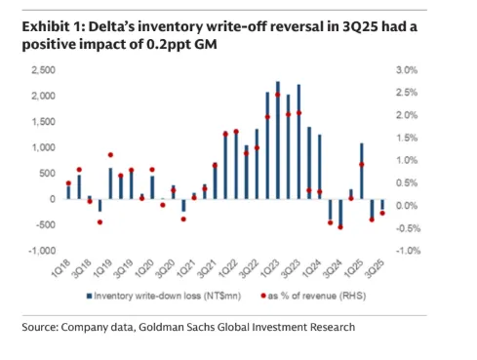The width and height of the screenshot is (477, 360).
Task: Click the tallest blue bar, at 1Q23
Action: [278, 140]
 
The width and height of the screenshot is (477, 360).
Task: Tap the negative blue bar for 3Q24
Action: [340, 213]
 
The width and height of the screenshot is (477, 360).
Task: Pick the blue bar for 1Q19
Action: [110, 183]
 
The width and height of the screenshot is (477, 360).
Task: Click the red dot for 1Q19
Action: [110, 155]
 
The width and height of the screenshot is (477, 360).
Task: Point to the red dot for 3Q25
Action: [382, 213]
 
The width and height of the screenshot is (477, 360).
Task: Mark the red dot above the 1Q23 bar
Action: [278, 95]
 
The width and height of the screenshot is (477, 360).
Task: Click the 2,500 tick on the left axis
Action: [43, 70]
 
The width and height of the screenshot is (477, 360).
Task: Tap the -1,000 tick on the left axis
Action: [42, 251]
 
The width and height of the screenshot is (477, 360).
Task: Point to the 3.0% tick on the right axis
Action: [407, 70]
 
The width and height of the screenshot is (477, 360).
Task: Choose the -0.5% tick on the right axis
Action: [408, 228]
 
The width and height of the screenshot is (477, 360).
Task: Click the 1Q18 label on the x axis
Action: [61, 268]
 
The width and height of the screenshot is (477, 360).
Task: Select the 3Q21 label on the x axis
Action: [207, 268]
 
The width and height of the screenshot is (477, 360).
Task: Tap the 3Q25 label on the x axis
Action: [375, 268]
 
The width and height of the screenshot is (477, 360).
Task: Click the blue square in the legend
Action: [89, 296]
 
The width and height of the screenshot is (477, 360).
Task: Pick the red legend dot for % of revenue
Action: [263, 296]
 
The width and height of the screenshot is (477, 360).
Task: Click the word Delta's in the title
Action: [112, 26]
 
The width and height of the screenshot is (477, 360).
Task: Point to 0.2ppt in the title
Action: [169, 45]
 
